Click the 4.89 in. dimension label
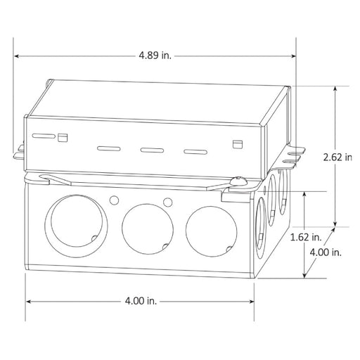tap(155, 56)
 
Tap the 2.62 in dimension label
tap(337, 157)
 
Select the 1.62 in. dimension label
tap(306, 237)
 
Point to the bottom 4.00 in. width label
tap(141, 301)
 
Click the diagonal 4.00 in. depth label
tap(326, 252)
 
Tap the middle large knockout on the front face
tap(148, 229)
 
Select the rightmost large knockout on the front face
tap(211, 231)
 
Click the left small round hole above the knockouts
tap(114, 200)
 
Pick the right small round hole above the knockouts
tap(168, 202)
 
